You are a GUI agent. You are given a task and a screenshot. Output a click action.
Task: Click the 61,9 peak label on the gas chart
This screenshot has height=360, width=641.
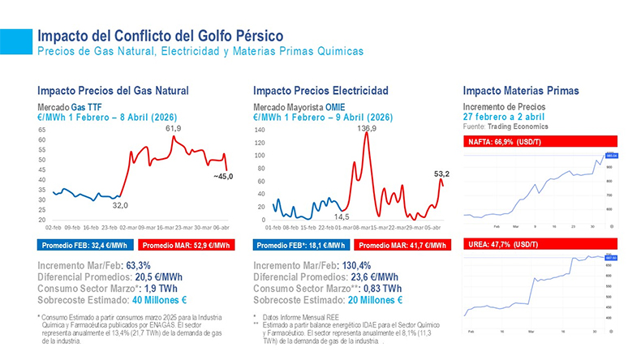click(x=173, y=129)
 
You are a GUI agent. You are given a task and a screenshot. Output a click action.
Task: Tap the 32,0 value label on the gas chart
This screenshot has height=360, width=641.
click(x=121, y=205)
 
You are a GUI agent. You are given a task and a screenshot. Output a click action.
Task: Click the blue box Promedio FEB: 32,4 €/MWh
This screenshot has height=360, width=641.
click(x=84, y=244)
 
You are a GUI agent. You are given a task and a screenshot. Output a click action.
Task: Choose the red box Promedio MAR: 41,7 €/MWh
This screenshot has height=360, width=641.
click(x=402, y=244)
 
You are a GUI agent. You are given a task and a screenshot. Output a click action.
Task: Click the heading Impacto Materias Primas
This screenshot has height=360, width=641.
click(x=520, y=91)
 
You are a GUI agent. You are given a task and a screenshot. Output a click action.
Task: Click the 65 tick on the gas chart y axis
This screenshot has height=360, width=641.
click(x=41, y=139)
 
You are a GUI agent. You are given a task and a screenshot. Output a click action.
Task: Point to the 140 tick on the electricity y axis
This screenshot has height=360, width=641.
click(x=260, y=130)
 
